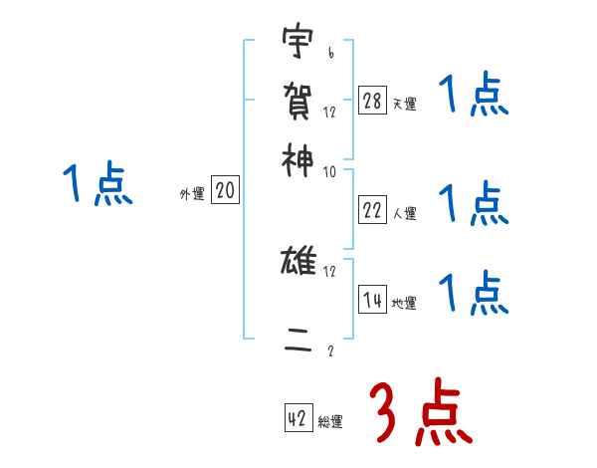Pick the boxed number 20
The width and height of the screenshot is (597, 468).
pos(226,190)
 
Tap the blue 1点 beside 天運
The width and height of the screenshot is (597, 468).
pos(473,98)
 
